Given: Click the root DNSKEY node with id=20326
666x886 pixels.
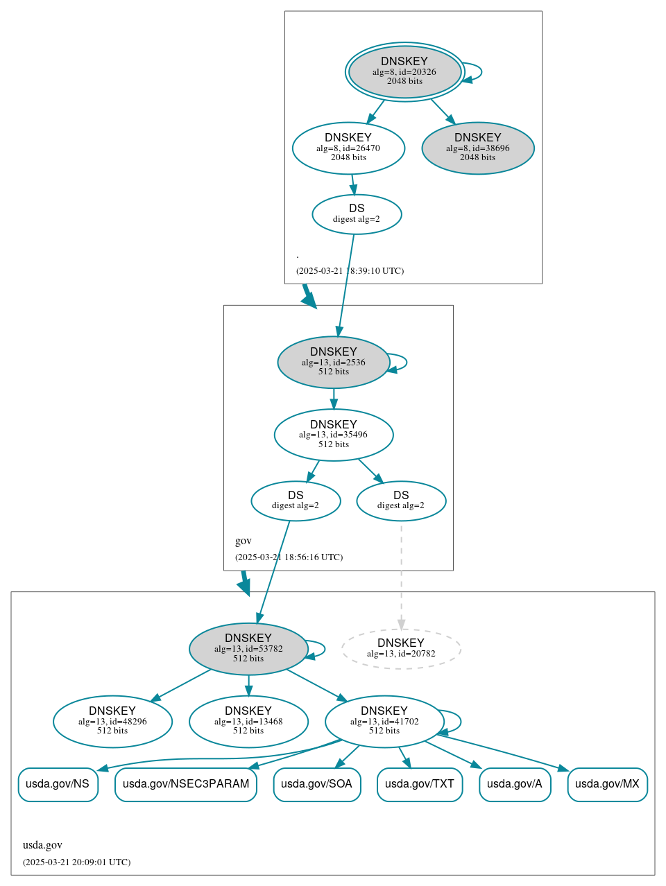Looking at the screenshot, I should [404, 71].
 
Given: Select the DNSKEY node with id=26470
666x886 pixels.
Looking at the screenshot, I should [348, 148].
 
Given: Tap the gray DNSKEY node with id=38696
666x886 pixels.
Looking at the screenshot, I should [478, 148].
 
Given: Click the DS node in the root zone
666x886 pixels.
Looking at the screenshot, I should [357, 214].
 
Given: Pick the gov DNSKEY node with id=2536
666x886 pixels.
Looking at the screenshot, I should [334, 362].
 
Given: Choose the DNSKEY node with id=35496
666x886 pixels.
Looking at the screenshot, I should [334, 435].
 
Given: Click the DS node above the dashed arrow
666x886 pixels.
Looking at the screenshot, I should [401, 501].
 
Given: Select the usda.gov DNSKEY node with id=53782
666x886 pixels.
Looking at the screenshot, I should [248, 649].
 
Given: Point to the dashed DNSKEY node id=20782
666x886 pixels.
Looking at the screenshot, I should [401, 649].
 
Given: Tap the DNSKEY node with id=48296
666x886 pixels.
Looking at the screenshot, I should [112, 722].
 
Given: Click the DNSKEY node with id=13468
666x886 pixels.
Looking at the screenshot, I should [248, 722].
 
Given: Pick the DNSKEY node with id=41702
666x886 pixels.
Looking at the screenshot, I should [384, 722].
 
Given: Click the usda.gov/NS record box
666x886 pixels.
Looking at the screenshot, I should [58, 784].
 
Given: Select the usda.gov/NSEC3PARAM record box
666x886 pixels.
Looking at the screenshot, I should [186, 784].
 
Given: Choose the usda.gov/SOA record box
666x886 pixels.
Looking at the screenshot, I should [317, 784].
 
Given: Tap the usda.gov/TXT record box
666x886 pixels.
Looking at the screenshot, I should [420, 784].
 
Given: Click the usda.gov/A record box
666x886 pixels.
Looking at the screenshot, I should [515, 784].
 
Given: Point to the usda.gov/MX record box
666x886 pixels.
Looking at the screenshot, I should [607, 784].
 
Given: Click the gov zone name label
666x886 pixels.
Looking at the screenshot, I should [244, 541].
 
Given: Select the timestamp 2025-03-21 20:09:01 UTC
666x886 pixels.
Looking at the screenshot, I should [76, 862].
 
